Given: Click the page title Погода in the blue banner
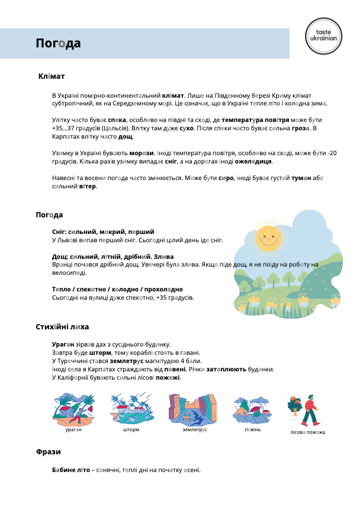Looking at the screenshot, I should pyautogui.click(x=58, y=44).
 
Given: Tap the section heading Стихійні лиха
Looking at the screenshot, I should pyautogui.click(x=62, y=326).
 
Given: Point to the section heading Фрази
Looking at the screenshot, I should pyautogui.click(x=49, y=451).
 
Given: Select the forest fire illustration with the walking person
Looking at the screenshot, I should pyautogui.click(x=305, y=409).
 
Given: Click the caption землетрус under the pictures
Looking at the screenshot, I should pyautogui.click(x=195, y=429).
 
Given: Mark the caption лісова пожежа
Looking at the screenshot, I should pyautogui.click(x=307, y=432).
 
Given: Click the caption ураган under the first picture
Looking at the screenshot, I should pyautogui.click(x=73, y=429).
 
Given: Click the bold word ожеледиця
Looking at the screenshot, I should pyautogui.click(x=253, y=161).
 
